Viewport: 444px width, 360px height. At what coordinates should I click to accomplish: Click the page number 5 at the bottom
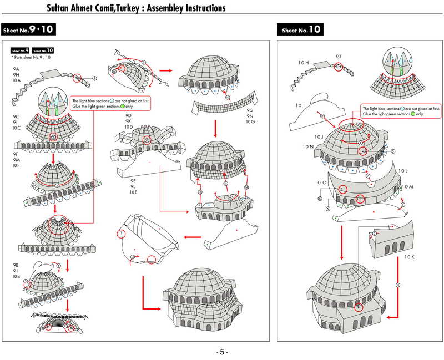[222, 352]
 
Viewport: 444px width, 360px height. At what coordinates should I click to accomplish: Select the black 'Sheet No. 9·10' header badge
[28, 29]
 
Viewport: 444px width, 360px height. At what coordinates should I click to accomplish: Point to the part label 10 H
[303, 63]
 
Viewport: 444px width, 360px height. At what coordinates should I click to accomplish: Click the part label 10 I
[300, 105]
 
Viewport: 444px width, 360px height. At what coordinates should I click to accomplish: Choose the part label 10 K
[410, 257]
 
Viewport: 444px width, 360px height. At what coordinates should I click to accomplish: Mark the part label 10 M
[408, 187]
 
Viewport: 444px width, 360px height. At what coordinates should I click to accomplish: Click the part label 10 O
[321, 182]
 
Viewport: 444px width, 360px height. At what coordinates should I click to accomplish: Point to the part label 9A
[16, 68]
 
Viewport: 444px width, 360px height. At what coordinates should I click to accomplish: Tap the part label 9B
[16, 265]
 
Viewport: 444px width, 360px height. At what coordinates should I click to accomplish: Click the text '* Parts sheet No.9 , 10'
[31, 57]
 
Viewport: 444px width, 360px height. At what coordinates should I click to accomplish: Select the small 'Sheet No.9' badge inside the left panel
[20, 50]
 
